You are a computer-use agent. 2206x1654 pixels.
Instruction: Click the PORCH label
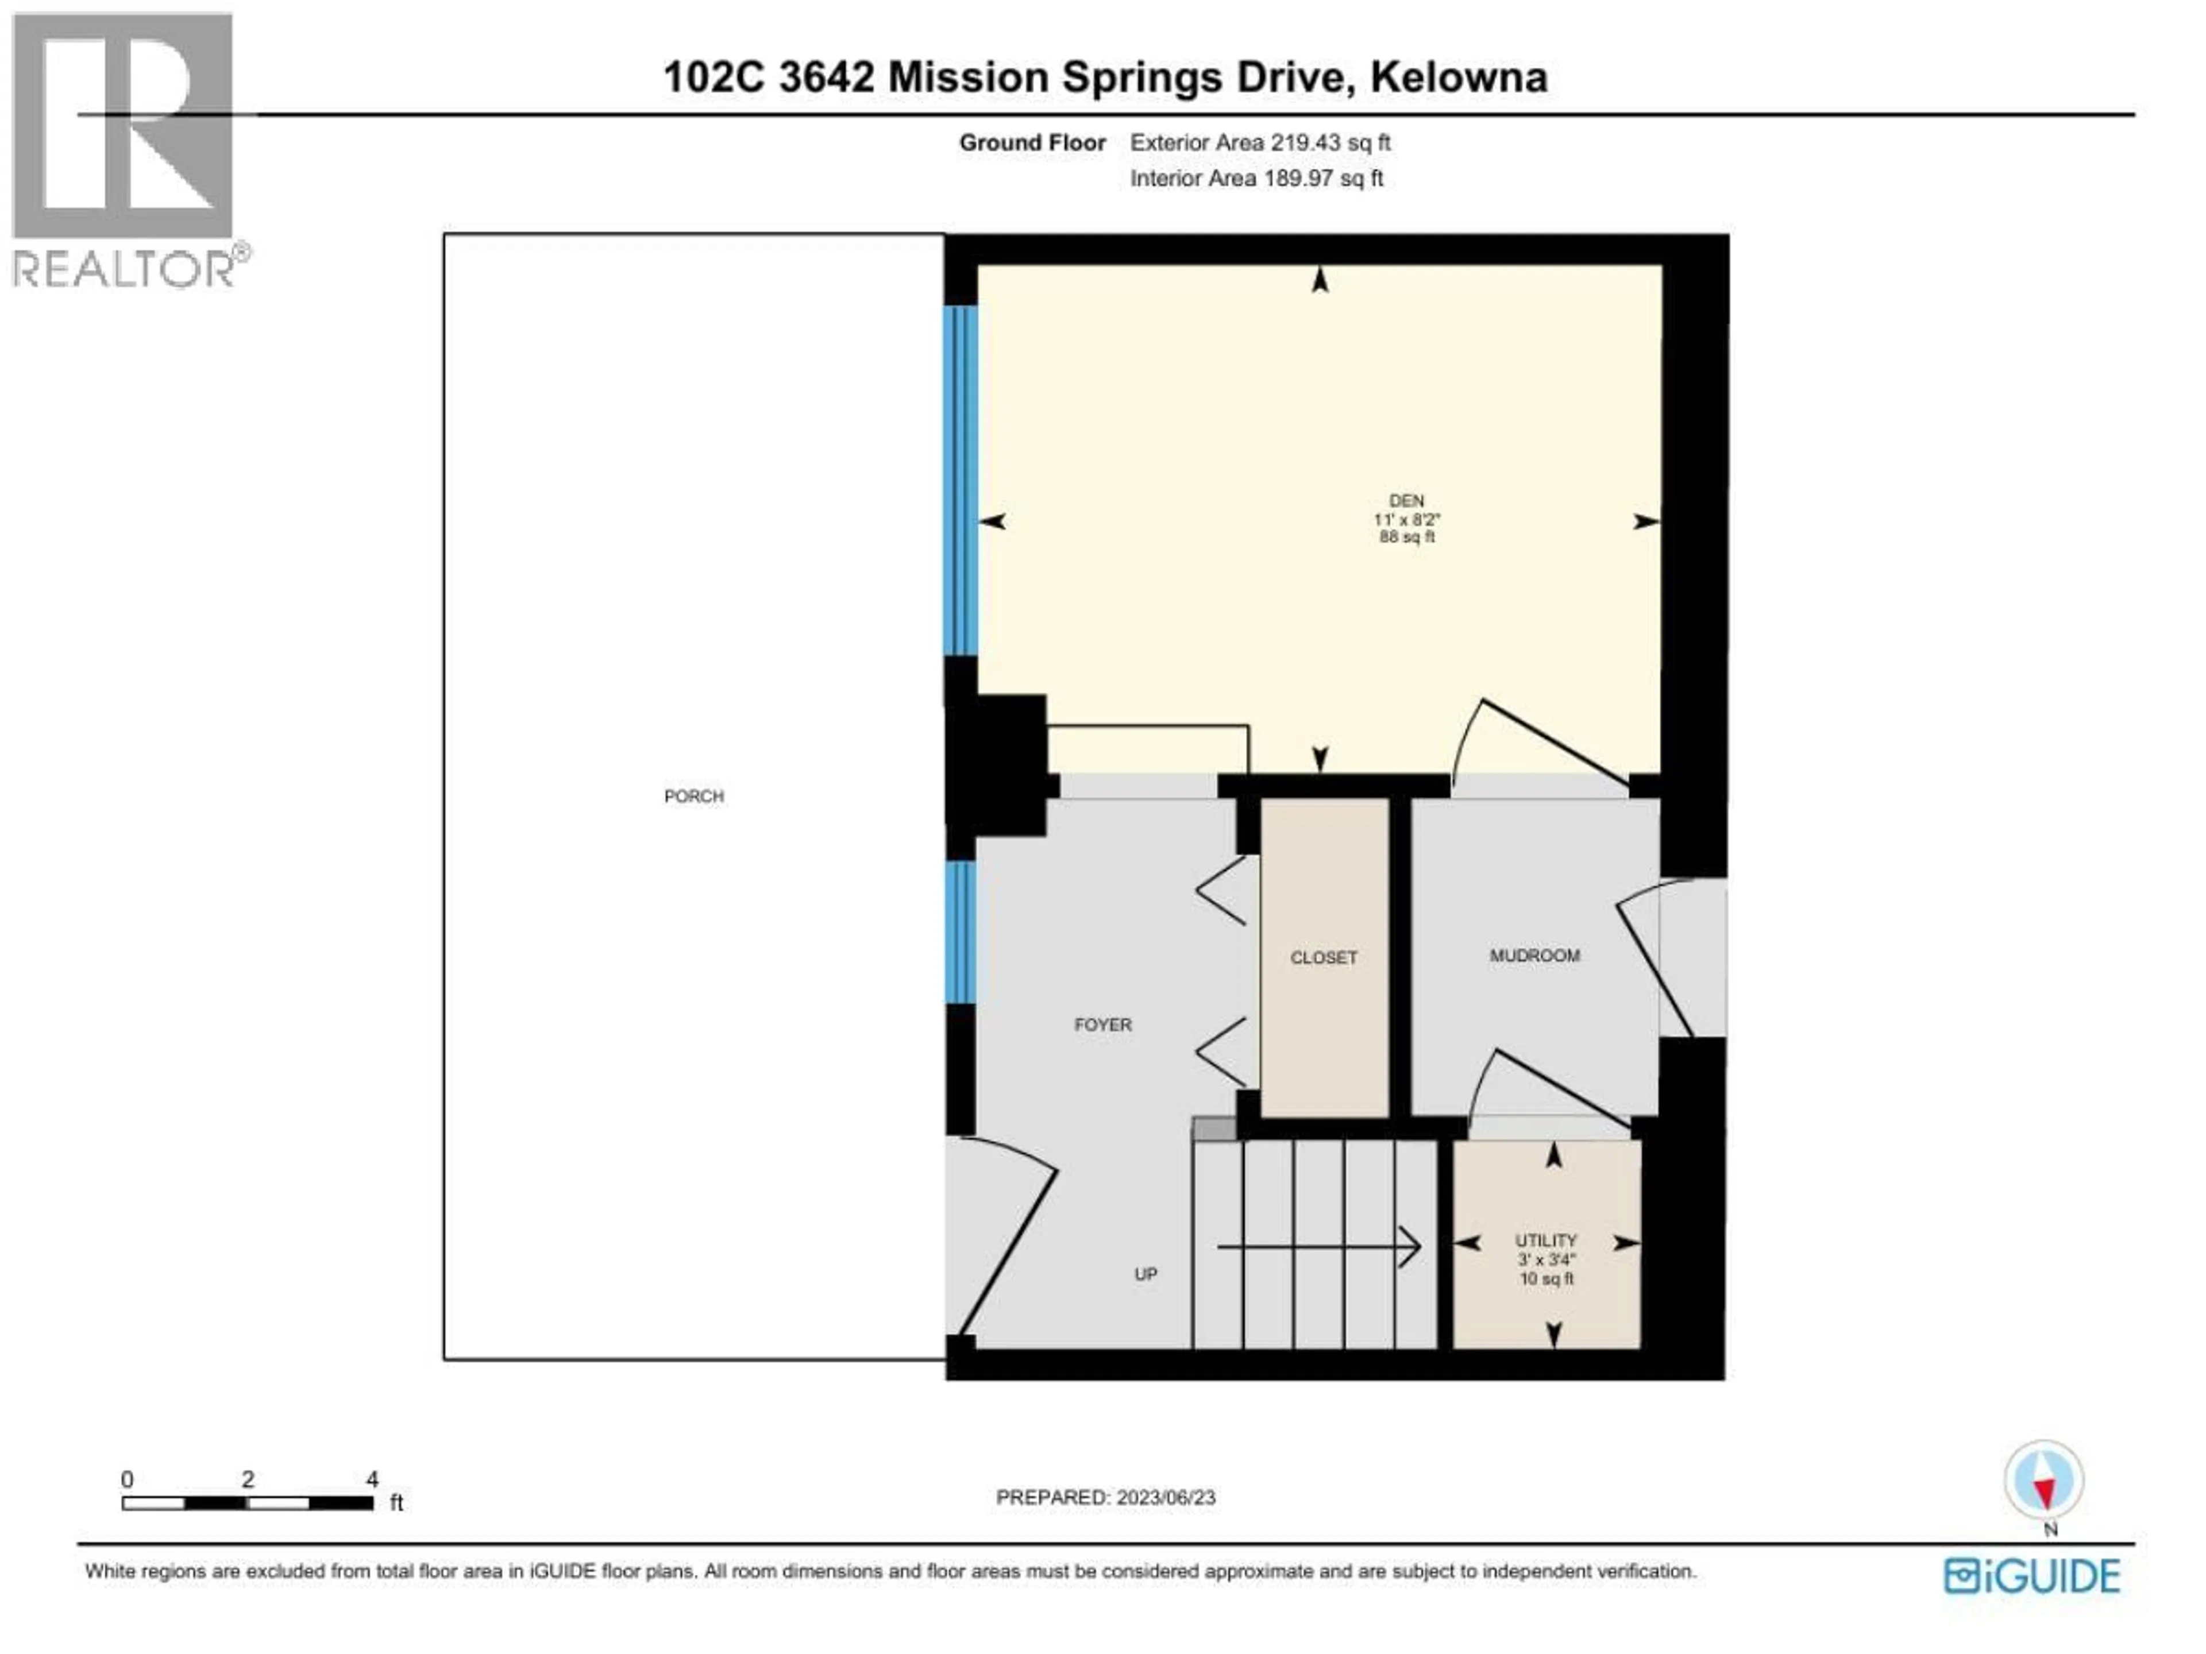click(693, 795)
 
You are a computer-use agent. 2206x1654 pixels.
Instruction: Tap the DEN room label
click(1406, 500)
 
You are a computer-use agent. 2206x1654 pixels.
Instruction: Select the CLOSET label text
click(1324, 957)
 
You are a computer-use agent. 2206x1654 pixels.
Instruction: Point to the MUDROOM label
click(1534, 955)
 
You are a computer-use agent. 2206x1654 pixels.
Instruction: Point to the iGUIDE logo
click(2031, 1576)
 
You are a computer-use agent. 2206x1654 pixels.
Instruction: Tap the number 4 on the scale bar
click(372, 1479)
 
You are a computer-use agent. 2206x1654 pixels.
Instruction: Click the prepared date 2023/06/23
click(1165, 1497)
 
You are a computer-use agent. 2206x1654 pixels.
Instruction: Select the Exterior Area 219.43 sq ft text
click(1260, 142)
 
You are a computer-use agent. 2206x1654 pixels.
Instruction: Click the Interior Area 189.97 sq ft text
click(1256, 179)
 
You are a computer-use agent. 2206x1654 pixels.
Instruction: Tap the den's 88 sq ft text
click(1406, 538)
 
